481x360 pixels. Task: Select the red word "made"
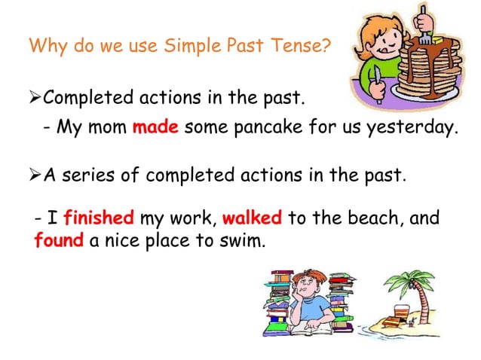(155, 127)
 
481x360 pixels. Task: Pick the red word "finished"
(99, 219)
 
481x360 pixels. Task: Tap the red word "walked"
(253, 219)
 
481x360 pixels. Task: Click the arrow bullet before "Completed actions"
(33, 98)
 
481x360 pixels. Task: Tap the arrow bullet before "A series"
(33, 175)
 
